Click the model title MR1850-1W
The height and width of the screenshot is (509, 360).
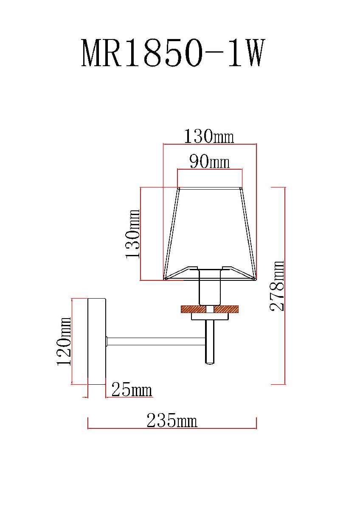click(173, 53)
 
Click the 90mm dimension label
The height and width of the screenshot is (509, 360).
click(209, 162)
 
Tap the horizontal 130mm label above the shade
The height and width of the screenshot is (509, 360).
click(209, 136)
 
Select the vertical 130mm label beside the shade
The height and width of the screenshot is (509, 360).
click(132, 234)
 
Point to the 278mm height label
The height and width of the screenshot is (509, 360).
click(277, 285)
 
